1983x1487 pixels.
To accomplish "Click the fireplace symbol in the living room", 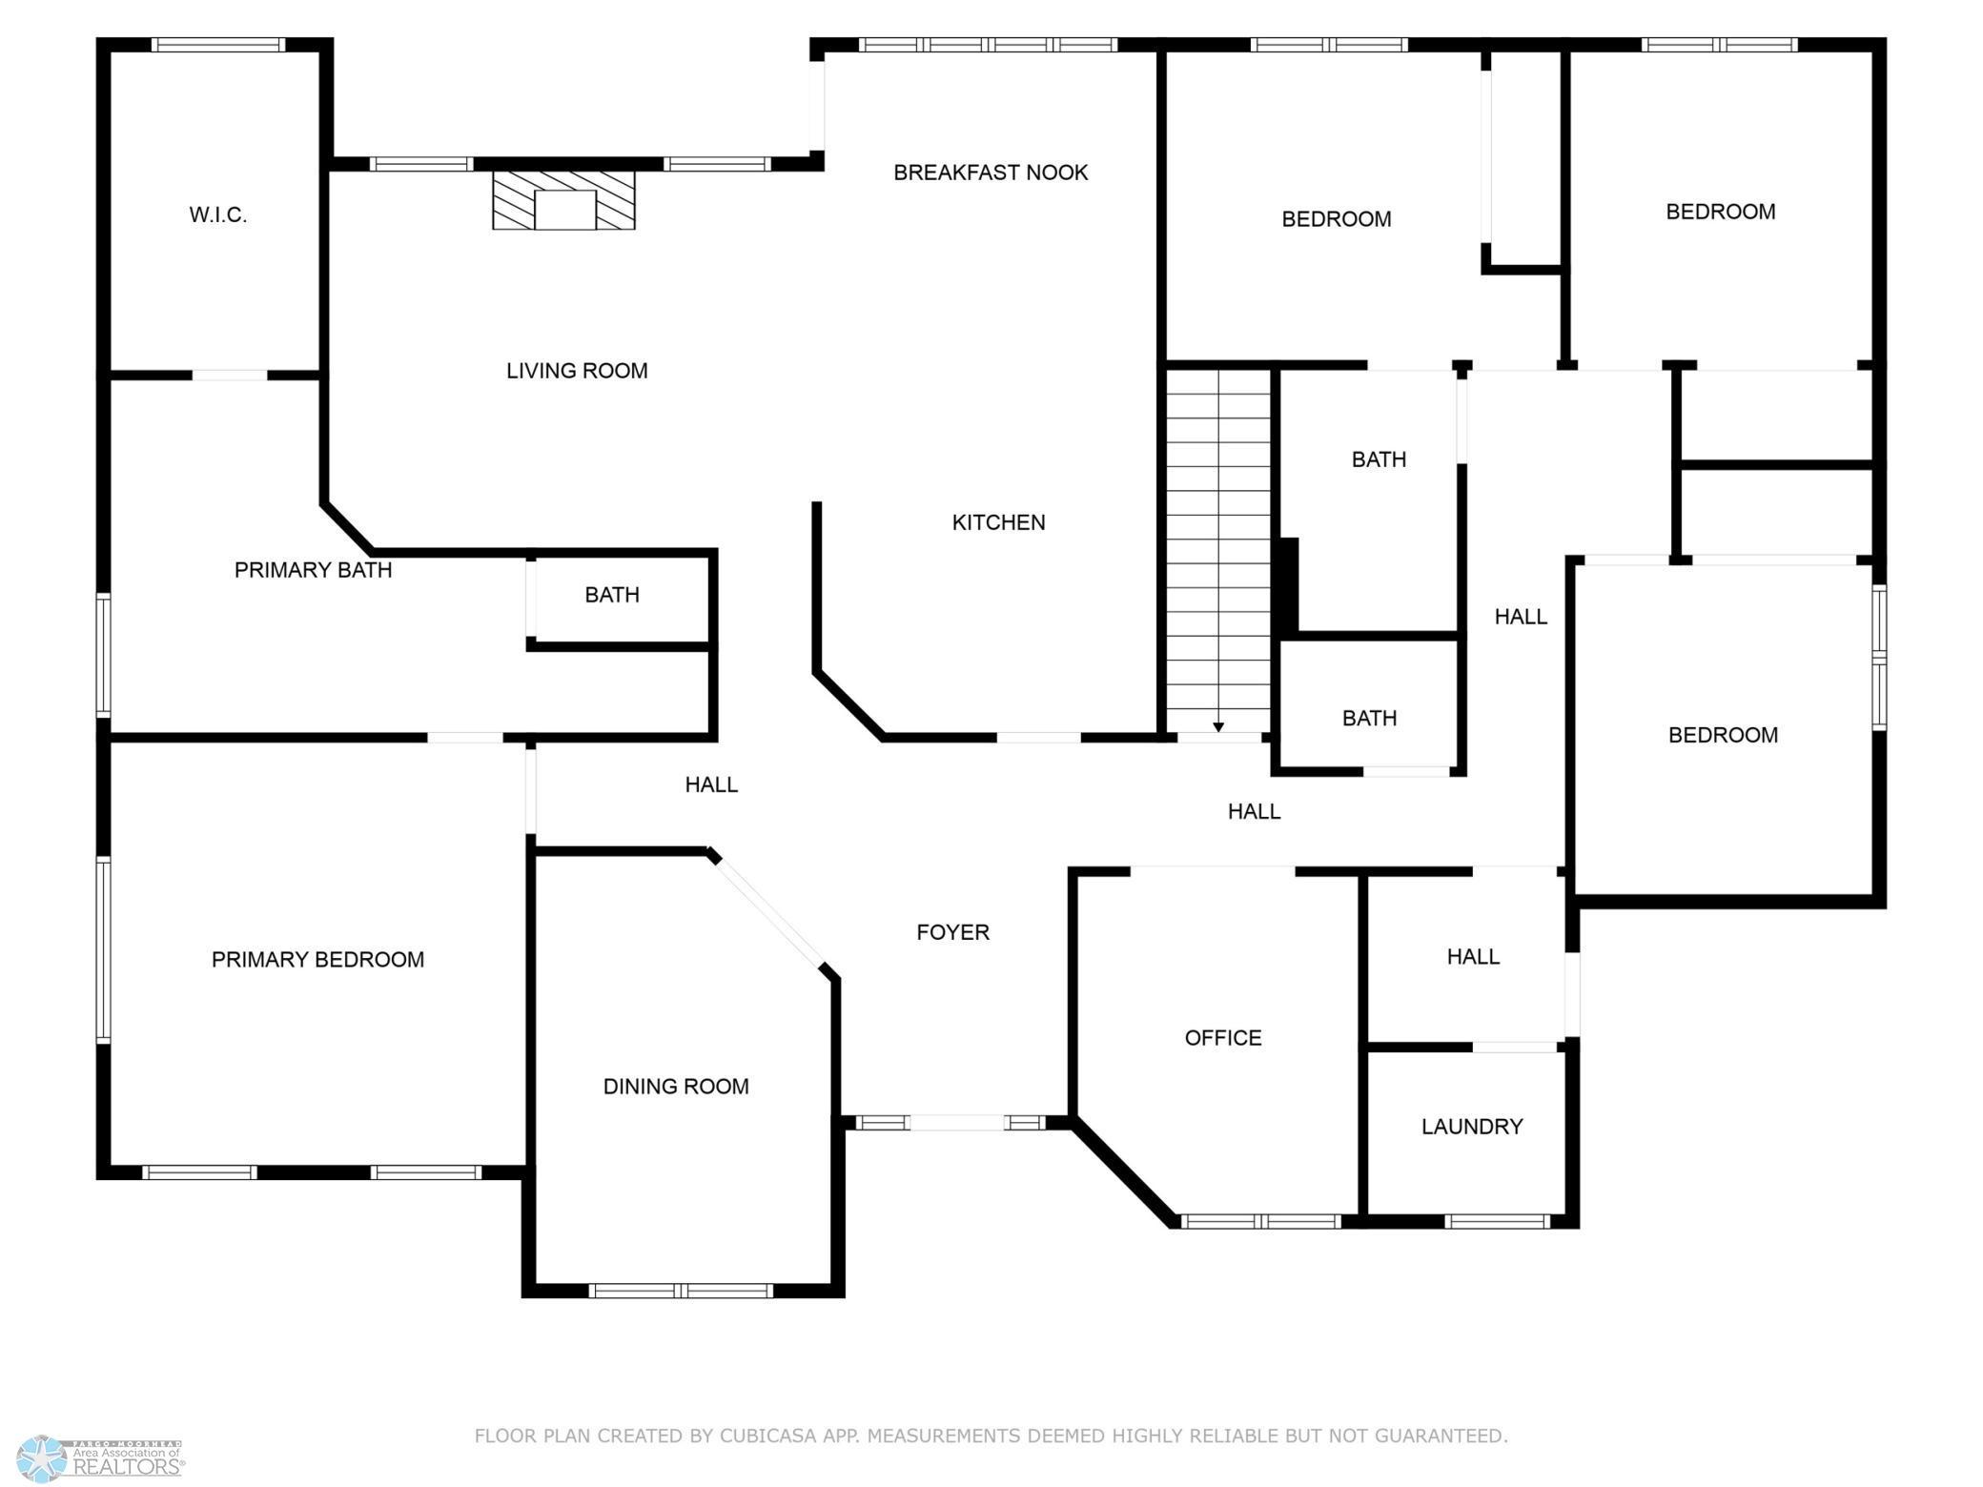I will [563, 201].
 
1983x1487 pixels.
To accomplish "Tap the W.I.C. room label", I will [218, 215].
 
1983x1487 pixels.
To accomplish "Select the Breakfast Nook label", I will [991, 173].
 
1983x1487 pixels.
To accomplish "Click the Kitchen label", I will [998, 522].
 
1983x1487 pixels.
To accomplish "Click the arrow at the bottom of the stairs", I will [1218, 727].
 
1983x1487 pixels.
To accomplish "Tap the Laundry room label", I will [1472, 1127].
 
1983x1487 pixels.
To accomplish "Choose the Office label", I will [1223, 1038].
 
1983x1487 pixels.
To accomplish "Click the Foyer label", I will [952, 932].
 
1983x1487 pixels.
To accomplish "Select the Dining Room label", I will [676, 1087].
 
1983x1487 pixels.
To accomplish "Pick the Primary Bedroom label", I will [317, 960].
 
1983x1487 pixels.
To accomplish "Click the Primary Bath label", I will [313, 570].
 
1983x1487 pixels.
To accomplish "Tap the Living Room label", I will [577, 371].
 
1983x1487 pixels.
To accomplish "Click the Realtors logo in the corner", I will [101, 1459].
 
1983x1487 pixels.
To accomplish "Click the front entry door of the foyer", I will [956, 1123].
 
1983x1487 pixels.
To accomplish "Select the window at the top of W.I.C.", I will [218, 45].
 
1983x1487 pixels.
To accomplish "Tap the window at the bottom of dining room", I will [681, 1291].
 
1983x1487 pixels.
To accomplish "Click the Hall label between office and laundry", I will [1473, 957].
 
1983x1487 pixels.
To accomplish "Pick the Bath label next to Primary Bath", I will [611, 595].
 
